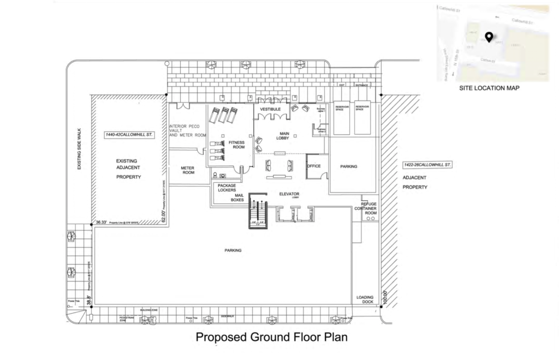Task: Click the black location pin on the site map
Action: [489, 37]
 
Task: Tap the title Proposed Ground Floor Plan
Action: [271, 338]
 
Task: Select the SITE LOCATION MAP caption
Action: [490, 88]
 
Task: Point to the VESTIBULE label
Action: [270, 110]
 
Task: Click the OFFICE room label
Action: [313, 166]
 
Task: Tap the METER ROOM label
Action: [188, 170]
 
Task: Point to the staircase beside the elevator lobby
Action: [258, 212]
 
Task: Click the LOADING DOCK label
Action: [365, 300]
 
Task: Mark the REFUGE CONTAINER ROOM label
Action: [365, 208]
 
